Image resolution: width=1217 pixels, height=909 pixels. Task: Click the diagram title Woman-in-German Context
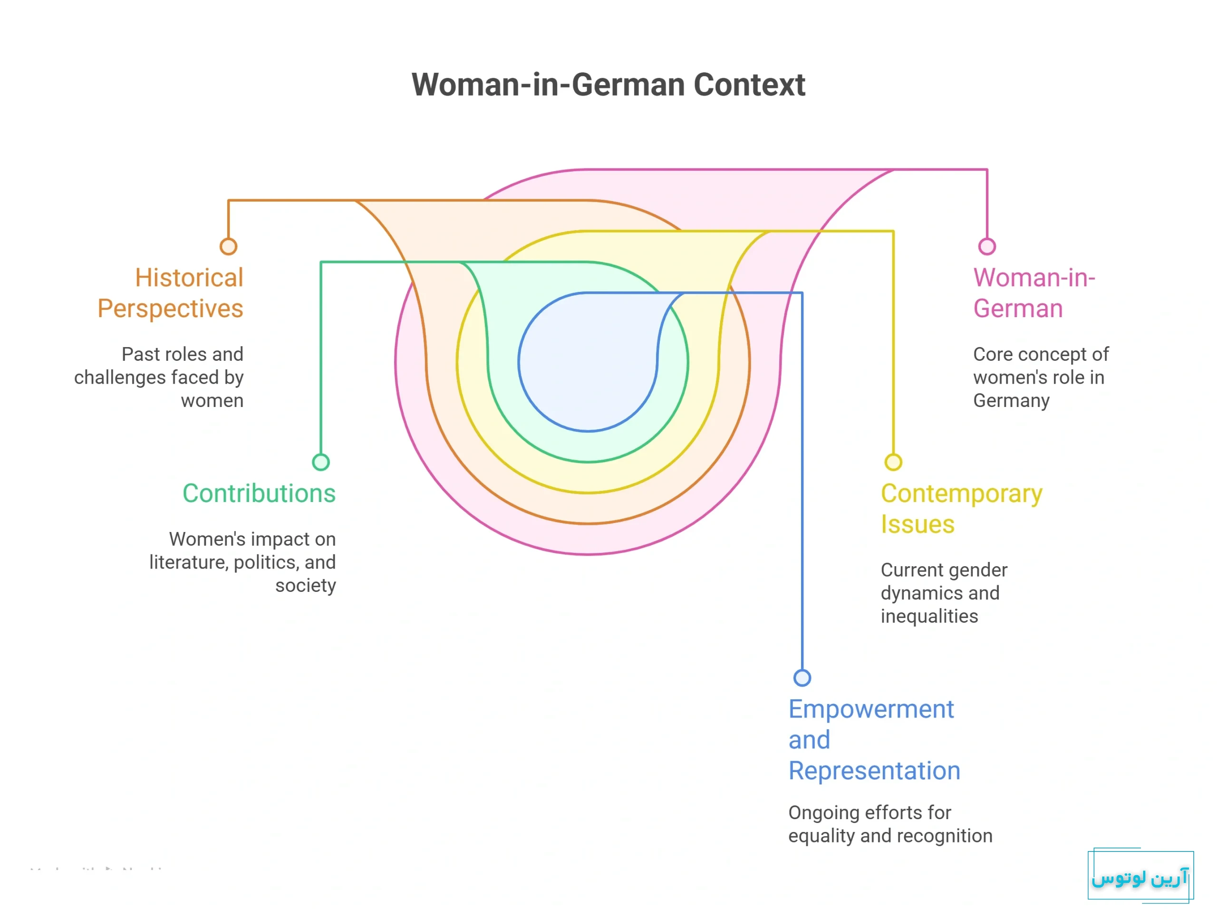tap(608, 85)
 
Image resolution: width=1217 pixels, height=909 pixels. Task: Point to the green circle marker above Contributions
tap(321, 462)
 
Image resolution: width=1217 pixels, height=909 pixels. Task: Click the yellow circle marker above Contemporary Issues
tap(893, 462)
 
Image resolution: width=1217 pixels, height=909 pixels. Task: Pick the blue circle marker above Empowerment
tap(802, 677)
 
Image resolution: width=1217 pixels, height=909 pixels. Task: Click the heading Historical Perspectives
tap(171, 293)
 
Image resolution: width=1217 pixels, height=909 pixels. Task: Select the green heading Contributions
tap(259, 493)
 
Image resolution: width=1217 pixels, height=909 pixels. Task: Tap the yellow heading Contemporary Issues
tap(961, 508)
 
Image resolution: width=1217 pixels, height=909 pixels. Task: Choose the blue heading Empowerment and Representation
tap(874, 740)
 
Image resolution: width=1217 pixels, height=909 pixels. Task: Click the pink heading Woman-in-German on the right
tap(1034, 293)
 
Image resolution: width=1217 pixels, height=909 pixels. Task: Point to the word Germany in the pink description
tap(1011, 401)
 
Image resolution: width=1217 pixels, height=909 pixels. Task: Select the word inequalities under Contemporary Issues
tap(929, 616)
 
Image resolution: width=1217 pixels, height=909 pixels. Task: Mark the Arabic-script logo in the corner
tap(1140, 877)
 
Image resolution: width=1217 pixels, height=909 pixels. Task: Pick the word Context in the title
tap(749, 85)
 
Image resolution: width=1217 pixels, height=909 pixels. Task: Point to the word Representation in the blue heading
tap(874, 770)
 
